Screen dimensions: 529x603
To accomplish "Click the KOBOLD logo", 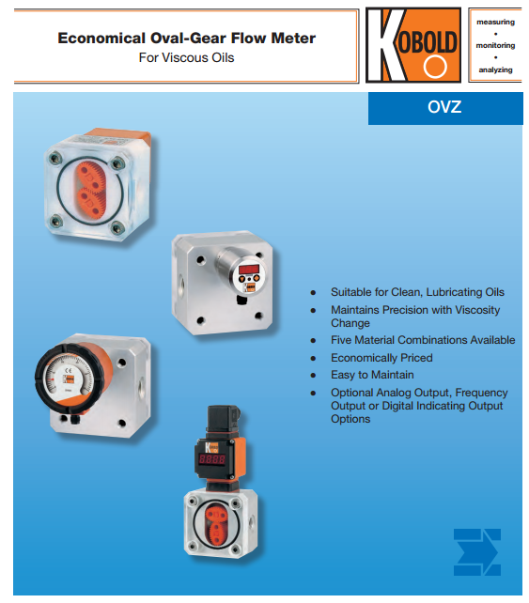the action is click(413, 45).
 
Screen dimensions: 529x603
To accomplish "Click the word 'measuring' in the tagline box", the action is click(495, 22).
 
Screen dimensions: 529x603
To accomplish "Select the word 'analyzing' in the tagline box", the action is click(495, 70).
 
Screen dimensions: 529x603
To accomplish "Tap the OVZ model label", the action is click(444, 107).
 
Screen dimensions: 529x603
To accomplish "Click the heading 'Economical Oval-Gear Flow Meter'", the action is click(187, 39).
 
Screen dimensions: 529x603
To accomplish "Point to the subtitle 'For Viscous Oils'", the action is click(187, 57).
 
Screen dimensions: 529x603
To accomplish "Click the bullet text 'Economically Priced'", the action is click(381, 358).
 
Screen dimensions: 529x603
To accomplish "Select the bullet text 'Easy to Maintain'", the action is click(372, 375).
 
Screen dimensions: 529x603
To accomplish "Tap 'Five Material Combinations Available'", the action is click(423, 340).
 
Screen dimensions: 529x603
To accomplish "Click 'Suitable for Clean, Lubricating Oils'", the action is click(417, 292).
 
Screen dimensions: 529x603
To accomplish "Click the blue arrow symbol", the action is click(477, 552).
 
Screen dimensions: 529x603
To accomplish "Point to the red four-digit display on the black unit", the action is click(211, 458).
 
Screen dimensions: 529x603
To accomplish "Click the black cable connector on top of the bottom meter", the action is click(223, 420).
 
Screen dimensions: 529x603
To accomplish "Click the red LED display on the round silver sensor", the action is click(249, 269).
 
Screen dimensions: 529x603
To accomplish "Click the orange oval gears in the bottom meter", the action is click(217, 525).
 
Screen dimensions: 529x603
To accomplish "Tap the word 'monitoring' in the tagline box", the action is click(495, 45).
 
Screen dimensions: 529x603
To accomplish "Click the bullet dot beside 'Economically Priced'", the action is click(313, 358).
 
